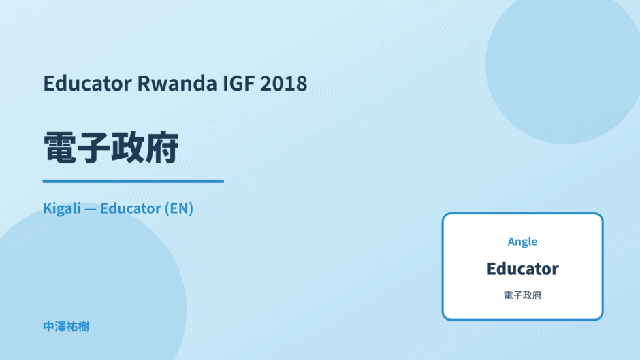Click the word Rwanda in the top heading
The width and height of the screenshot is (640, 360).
pos(177,83)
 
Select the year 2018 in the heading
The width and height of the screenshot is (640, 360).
pos(284,83)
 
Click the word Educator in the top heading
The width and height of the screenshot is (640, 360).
pos(88,83)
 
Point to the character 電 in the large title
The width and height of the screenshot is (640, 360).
pos(60,148)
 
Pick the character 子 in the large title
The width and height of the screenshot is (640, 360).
pos(94,148)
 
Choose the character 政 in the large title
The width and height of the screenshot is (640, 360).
pos(128,148)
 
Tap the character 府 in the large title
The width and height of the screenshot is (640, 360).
pos(161,148)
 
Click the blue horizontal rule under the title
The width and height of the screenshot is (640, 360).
pos(133,181)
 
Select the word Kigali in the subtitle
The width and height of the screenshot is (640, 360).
pos(62,208)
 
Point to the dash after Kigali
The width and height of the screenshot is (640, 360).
pos(91,209)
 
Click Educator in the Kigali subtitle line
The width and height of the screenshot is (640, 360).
pos(131,208)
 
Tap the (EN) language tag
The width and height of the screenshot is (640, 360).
pos(179,208)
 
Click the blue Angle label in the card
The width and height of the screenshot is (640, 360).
pos(522,242)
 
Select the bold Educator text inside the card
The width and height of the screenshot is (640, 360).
pos(522,269)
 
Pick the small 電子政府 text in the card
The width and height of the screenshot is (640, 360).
pos(522,295)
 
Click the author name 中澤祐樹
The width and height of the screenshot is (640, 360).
pos(66,327)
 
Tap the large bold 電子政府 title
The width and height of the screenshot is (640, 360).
pos(111,148)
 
